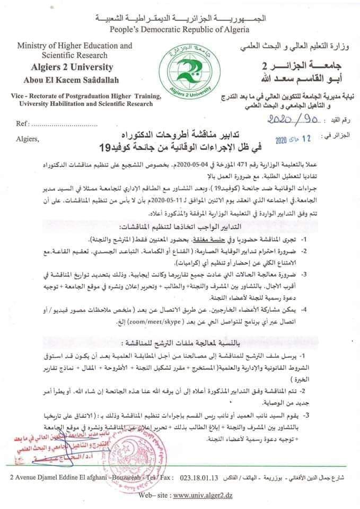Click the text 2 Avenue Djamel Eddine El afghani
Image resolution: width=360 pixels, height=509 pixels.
click(59, 479)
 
